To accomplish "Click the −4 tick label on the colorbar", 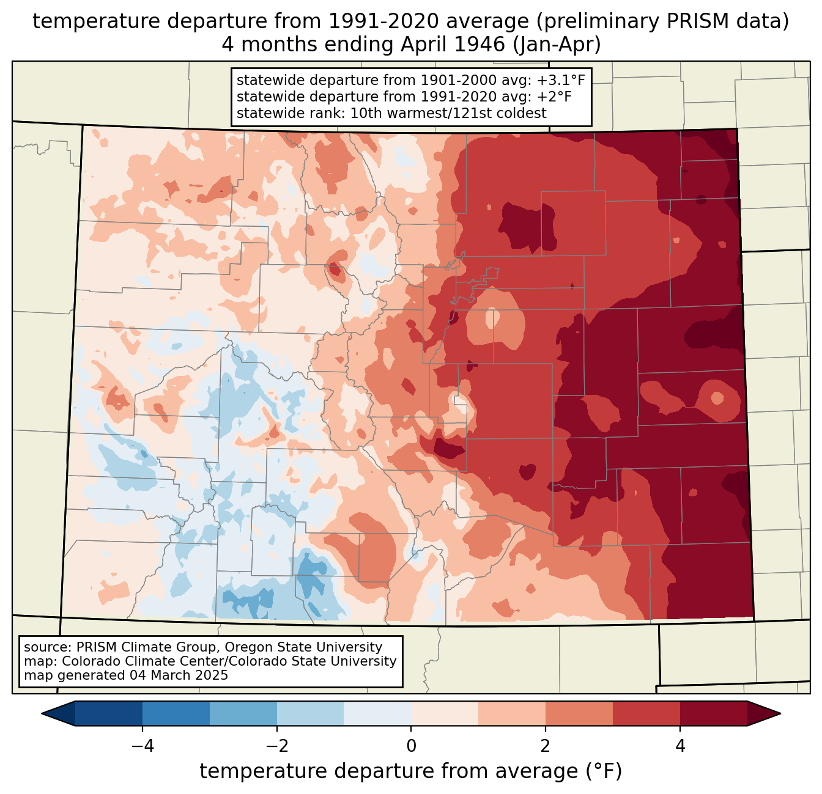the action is point(143,746).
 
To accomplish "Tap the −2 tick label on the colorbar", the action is point(276,746).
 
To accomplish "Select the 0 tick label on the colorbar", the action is point(411,746).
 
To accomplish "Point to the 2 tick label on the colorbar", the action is point(546,746).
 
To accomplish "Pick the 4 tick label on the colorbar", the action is point(680,746).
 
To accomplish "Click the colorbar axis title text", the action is point(411,771).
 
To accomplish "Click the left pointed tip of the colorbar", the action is point(42,713).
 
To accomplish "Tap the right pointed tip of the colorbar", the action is point(780,713).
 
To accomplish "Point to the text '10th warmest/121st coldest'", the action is point(448,113).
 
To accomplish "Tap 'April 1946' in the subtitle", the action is point(453,45).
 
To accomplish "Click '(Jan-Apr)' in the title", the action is point(557,45).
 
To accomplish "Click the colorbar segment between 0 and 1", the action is point(445,713).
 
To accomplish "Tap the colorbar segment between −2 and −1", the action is point(310,713).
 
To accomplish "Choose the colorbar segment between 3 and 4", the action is point(646,713).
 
